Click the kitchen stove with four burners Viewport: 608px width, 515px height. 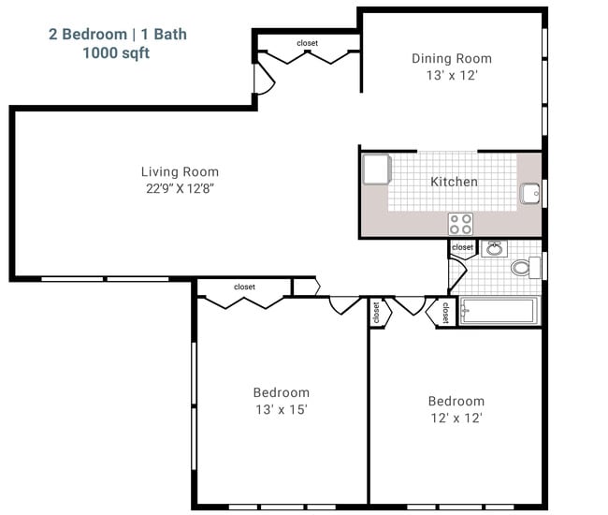(460, 224)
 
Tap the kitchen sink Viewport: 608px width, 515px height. (529, 193)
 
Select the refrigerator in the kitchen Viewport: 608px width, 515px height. (377, 169)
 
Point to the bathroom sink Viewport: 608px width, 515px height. (495, 248)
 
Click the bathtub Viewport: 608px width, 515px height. (499, 311)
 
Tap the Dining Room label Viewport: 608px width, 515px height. (452, 59)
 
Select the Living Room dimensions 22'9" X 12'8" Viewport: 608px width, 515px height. (180, 188)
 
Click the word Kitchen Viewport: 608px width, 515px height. (454, 182)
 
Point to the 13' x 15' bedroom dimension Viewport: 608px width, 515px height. (282, 409)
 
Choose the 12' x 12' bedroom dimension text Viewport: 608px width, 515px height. (456, 418)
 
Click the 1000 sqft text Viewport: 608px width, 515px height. (116, 52)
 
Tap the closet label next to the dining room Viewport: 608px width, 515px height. (307, 43)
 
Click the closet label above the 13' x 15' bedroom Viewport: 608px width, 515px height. (244, 287)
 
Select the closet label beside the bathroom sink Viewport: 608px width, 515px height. (462, 247)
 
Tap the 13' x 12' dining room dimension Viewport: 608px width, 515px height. (452, 75)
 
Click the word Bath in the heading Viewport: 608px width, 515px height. (170, 34)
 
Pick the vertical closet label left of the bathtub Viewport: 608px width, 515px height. (445, 313)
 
